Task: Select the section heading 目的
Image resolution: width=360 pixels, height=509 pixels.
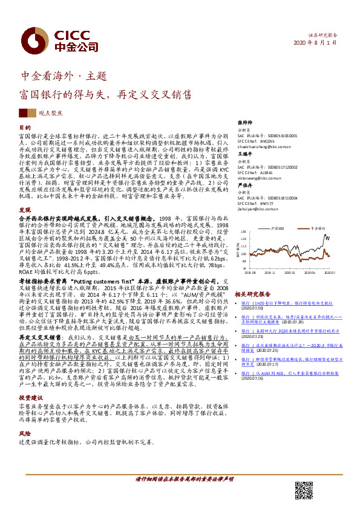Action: (25, 128)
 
